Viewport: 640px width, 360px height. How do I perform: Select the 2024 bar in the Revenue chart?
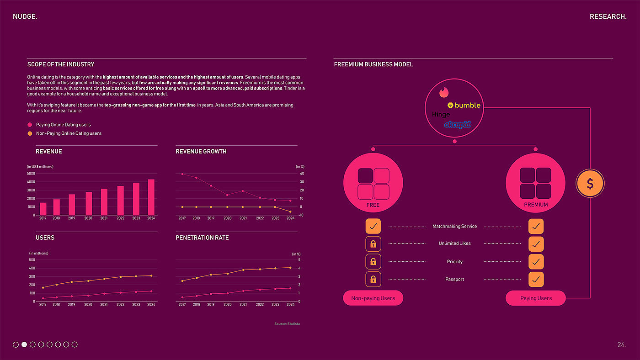(x=151, y=197)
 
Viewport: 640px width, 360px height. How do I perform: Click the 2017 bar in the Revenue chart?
(x=43, y=209)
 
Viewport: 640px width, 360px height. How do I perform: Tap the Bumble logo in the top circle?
(x=464, y=105)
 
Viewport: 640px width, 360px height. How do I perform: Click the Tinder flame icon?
(x=444, y=92)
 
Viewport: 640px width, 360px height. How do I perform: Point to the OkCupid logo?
(x=457, y=124)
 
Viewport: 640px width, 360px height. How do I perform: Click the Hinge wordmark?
(x=441, y=114)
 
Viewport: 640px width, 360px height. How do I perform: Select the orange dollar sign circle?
(x=590, y=184)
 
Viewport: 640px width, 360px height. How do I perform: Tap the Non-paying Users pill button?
(x=373, y=298)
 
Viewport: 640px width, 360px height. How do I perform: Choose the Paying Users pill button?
(x=536, y=298)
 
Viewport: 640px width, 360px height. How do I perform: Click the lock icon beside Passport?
(x=373, y=279)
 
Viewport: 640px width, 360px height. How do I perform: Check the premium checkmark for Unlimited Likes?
(x=536, y=244)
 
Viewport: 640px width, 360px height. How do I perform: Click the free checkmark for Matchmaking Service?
(x=373, y=226)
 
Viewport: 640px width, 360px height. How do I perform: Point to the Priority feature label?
(x=454, y=262)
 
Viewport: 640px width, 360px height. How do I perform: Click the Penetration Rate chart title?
(x=202, y=238)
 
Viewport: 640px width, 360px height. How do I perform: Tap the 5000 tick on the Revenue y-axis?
(x=31, y=174)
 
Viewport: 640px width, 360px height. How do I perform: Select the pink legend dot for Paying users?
(x=30, y=125)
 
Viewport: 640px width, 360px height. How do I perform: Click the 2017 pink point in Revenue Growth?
(x=182, y=174)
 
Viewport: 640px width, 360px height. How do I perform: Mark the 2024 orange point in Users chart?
(x=151, y=275)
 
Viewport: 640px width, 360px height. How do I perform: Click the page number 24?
(x=621, y=345)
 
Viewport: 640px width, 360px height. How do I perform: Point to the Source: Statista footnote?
(x=287, y=324)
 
